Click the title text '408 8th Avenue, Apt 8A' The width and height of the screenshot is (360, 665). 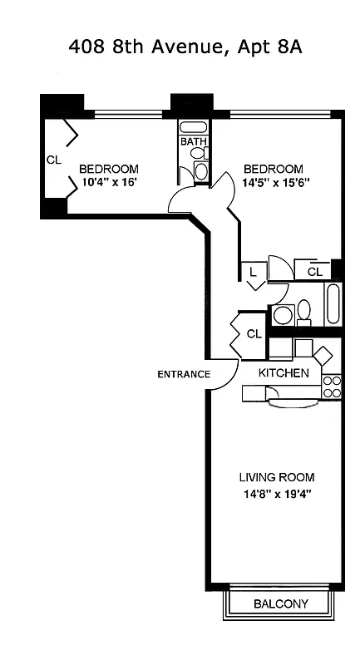point(185,47)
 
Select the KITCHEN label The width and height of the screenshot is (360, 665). point(284,373)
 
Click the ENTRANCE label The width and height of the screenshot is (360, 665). point(184,374)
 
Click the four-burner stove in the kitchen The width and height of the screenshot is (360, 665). point(332,386)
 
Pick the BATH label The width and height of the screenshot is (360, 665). point(193,142)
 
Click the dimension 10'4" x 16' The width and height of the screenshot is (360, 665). point(108,184)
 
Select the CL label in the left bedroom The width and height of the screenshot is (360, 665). point(53,159)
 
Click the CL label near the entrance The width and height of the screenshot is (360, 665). point(254,333)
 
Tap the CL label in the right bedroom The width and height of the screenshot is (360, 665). point(314,271)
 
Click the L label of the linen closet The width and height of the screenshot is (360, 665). point(253,272)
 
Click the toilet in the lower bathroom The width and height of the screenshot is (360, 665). point(303,312)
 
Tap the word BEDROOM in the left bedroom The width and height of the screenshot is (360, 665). point(108,169)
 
